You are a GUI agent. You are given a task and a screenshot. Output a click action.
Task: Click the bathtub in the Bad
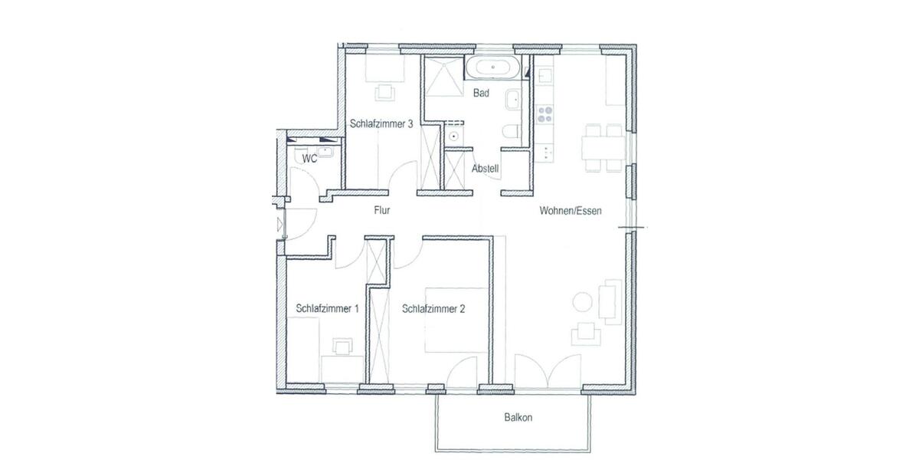point(493,68)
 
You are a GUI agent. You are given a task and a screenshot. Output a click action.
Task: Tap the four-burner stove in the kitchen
point(546,115)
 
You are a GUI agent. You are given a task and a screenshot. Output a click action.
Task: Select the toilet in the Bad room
point(512,132)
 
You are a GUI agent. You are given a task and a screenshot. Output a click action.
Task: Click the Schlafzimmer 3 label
point(382,123)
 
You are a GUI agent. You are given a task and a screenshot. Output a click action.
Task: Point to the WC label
point(310,159)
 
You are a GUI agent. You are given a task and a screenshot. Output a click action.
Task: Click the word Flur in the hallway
point(383,209)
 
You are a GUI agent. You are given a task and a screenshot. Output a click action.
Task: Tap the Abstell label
point(486,169)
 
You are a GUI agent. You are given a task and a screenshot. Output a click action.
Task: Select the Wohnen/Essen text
point(571,210)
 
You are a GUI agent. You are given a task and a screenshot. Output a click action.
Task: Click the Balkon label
point(518,419)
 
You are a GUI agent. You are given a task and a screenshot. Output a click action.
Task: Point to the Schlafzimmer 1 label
point(327,309)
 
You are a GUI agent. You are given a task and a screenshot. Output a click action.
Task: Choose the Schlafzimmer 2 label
point(433,309)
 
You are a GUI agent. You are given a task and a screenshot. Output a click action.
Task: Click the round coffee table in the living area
point(584,303)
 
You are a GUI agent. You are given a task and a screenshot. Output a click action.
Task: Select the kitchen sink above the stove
point(545,76)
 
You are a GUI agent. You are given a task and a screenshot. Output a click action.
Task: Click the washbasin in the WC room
point(325,153)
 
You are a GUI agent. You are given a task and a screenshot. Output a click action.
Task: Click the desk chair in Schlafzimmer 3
point(384,92)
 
